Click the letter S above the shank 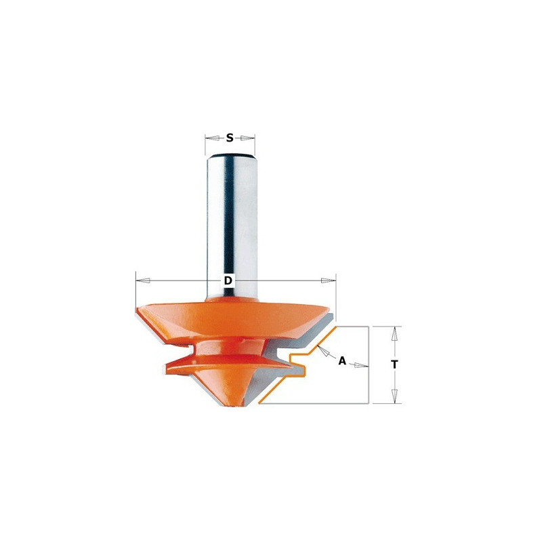pyautogui.click(x=230, y=138)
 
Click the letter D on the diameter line pyautogui.click(x=228, y=280)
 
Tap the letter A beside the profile pyautogui.click(x=342, y=361)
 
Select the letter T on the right pyautogui.click(x=394, y=364)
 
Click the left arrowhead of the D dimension pyautogui.click(x=143, y=280)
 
